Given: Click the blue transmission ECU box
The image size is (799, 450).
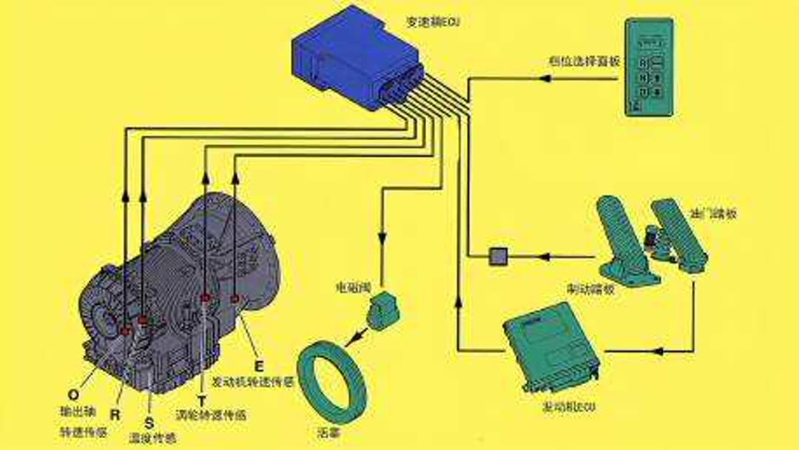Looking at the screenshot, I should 355,59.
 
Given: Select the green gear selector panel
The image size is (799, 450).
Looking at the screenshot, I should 649,67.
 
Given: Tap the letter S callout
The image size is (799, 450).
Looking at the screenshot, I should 150,423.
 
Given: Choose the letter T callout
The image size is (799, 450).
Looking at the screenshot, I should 202,400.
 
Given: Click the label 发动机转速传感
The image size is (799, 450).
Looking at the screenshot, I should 252,383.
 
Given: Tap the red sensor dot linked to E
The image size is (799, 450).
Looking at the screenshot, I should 235,298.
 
